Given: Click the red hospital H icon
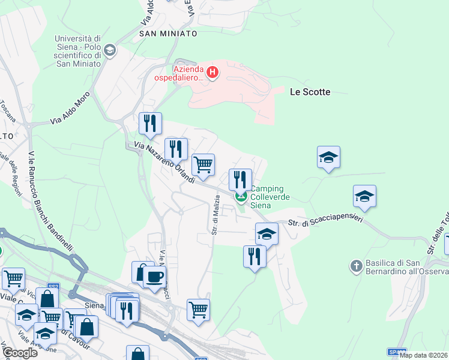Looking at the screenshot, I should click(x=212, y=73).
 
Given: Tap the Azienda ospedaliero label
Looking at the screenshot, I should click(x=188, y=73).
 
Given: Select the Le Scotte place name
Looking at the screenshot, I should click(x=310, y=92).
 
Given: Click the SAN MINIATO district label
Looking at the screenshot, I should click(x=168, y=34).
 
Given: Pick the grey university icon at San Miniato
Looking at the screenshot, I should click(x=109, y=51).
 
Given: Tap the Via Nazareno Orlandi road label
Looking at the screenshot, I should click(x=164, y=163).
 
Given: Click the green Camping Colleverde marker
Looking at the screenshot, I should click(x=241, y=196).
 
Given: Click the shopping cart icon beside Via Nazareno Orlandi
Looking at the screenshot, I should click(x=203, y=164).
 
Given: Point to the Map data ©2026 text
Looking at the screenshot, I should click(x=423, y=355).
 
